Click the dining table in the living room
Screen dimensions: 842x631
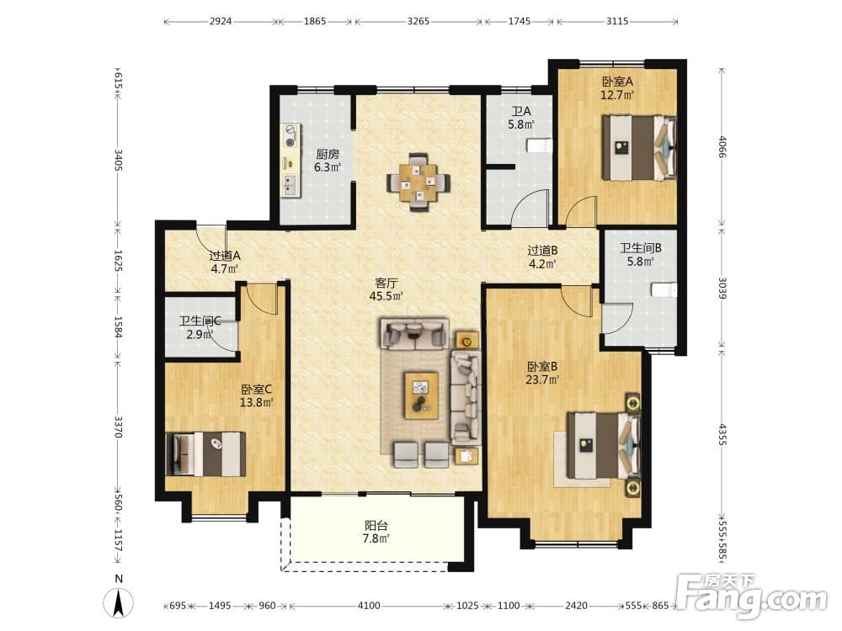click(418, 183)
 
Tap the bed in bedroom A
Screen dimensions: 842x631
click(639, 148)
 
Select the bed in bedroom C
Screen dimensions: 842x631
click(205, 454)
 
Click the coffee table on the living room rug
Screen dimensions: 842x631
click(421, 395)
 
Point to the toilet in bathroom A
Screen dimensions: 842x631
click(540, 146)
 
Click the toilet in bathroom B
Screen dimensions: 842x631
click(663, 289)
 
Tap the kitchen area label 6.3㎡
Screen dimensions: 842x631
click(328, 167)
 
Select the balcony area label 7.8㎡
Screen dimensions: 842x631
click(376, 538)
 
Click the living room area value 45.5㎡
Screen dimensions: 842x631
click(386, 295)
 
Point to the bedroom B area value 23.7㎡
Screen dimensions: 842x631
click(542, 380)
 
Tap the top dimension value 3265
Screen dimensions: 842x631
click(418, 22)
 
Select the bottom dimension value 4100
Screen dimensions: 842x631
click(369, 606)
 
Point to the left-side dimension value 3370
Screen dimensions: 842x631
click(119, 427)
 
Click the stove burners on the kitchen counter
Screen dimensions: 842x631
click(291, 136)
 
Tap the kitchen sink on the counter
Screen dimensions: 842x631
click(290, 184)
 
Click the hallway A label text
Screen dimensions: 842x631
click(225, 256)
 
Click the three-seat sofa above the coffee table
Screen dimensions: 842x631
click(414, 334)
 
